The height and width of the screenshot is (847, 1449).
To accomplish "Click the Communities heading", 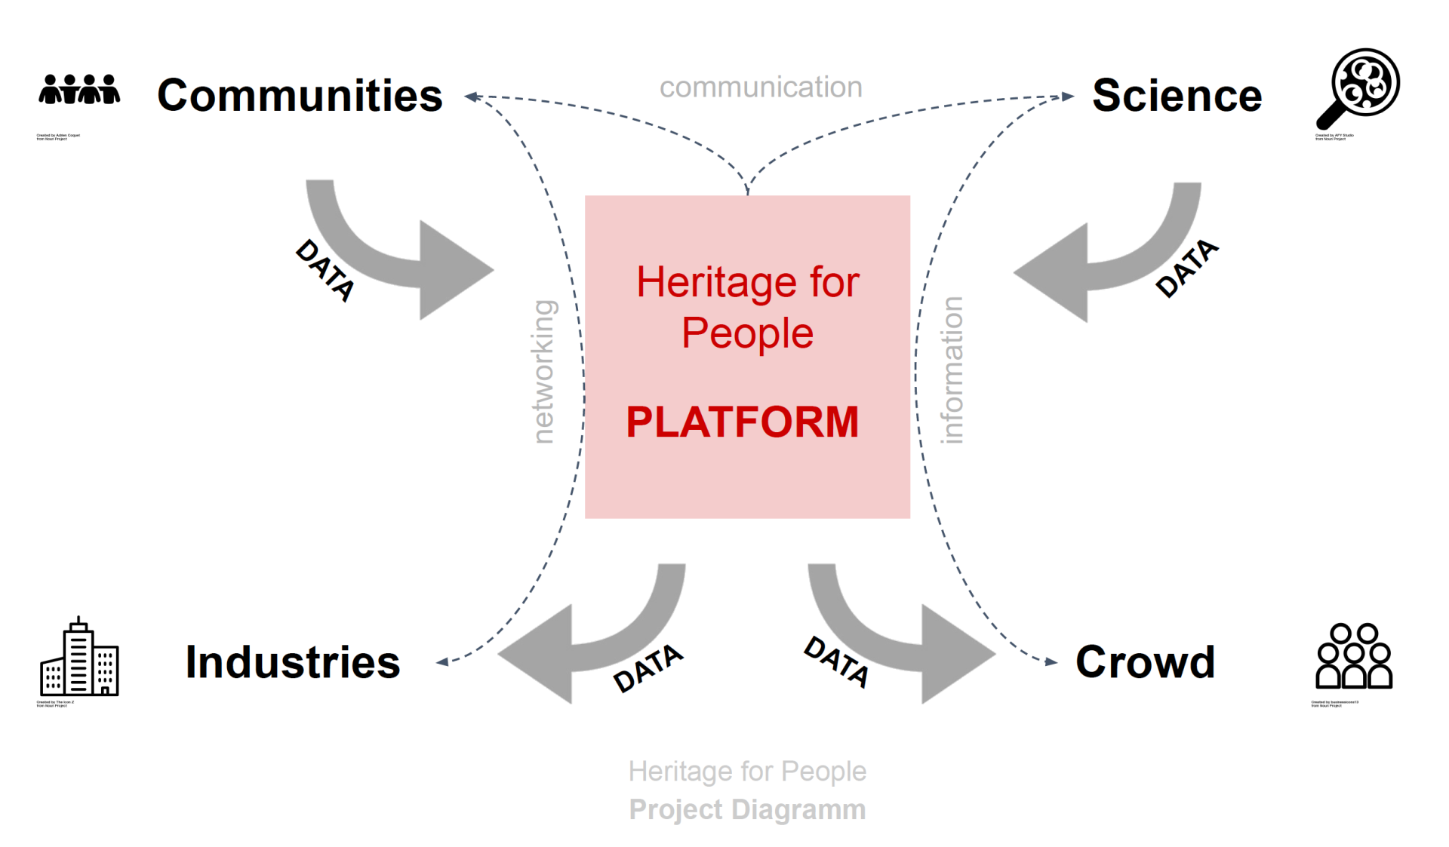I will [x=300, y=96].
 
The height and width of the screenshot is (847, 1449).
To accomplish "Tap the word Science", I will [x=1177, y=96].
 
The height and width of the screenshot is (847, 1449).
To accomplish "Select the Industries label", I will [x=293, y=662].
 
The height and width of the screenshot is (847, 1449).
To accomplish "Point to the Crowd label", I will [x=1145, y=662].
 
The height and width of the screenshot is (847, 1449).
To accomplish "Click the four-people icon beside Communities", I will [x=79, y=89].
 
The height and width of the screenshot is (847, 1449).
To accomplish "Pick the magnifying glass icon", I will [x=1359, y=87].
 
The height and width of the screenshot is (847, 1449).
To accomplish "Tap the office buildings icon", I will [x=79, y=657].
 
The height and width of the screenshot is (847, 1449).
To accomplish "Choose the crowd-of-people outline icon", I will [x=1354, y=655].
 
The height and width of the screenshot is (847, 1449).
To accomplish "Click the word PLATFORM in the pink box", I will [x=743, y=422].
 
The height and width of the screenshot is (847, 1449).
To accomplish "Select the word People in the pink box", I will [x=747, y=333].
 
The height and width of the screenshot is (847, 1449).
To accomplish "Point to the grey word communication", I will [x=761, y=87].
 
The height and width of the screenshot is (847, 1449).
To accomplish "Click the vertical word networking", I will [x=543, y=371].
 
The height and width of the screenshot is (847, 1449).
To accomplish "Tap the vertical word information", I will [x=952, y=370].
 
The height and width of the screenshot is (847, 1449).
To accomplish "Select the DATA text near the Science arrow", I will [x=1186, y=268].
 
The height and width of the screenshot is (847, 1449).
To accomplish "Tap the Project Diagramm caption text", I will [x=747, y=809].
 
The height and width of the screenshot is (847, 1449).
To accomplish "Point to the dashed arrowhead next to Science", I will [x=1067, y=97].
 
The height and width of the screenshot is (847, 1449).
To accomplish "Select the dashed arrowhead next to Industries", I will [x=442, y=661].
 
